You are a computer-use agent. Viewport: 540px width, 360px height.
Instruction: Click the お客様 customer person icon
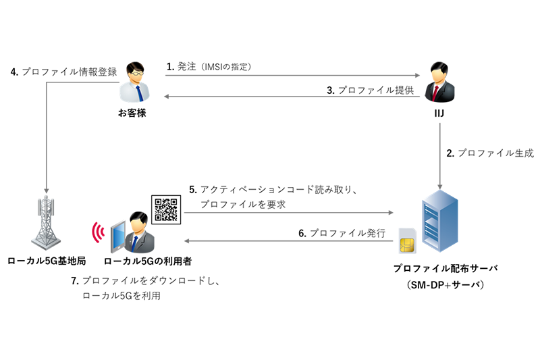[x=132, y=82]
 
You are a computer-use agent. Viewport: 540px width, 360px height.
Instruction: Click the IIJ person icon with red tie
[x=439, y=82]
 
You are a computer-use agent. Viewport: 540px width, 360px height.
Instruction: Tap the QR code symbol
[x=165, y=209]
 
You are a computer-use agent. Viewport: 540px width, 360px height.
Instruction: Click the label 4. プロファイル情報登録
[x=64, y=72]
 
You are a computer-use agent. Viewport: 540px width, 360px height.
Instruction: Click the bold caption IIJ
[x=439, y=113]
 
